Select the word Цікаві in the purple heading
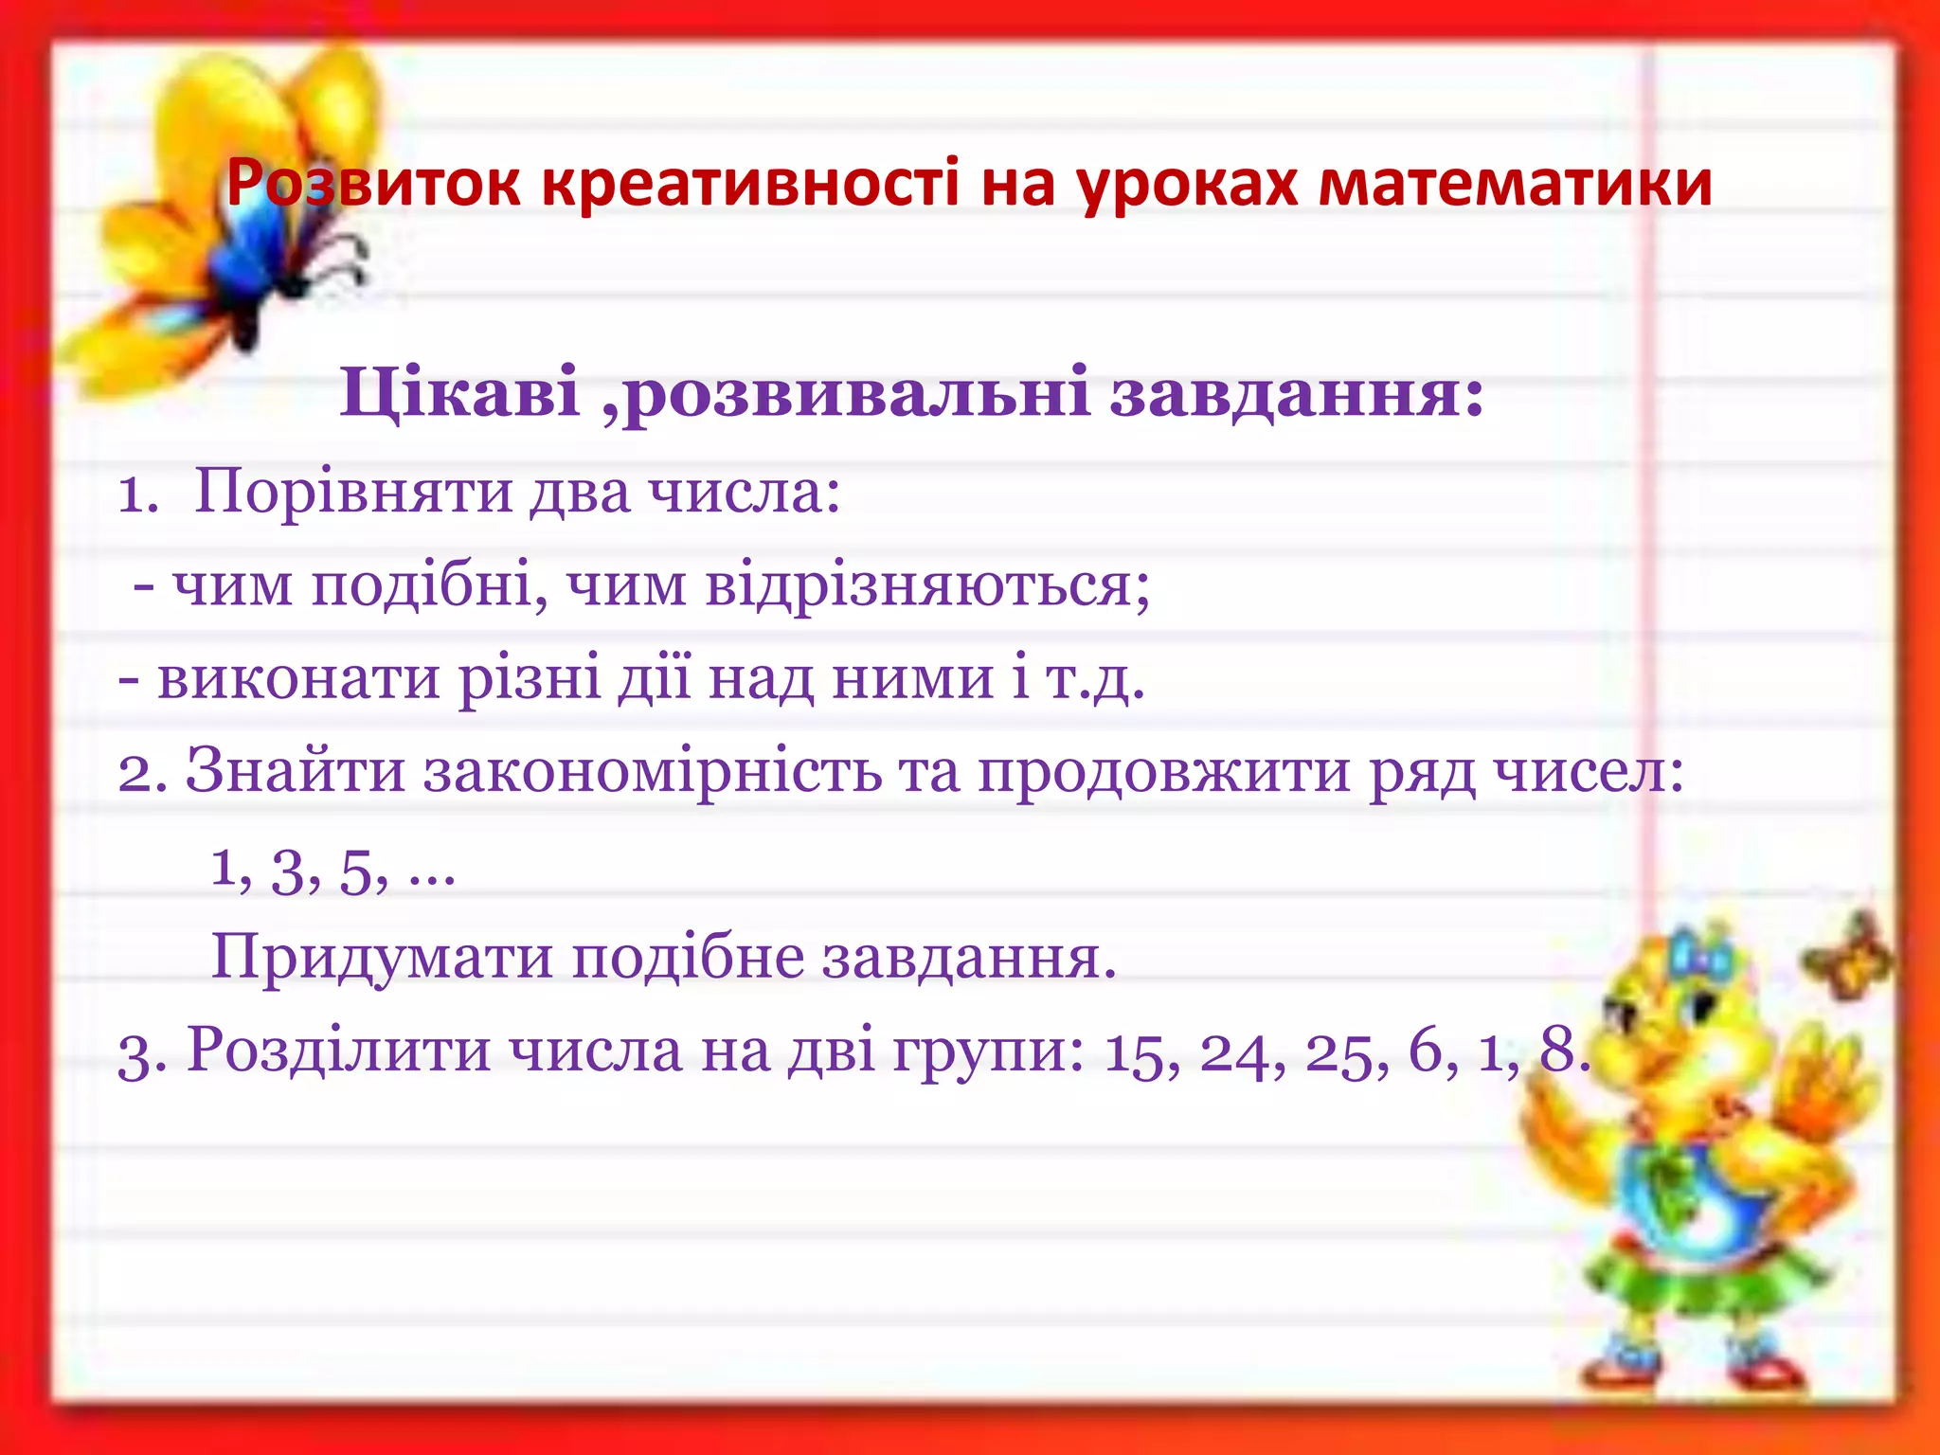pyautogui.click(x=459, y=393)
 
